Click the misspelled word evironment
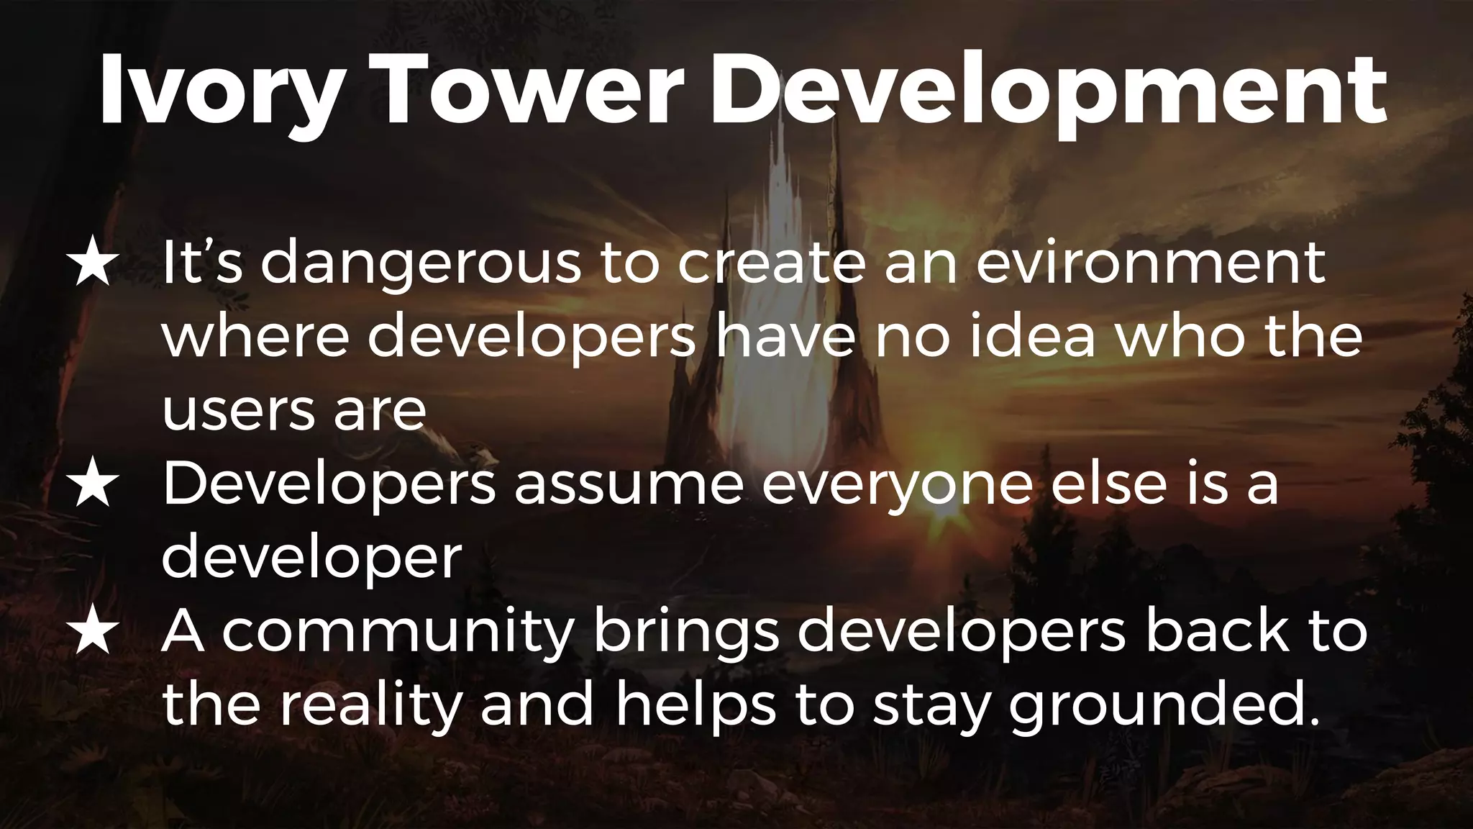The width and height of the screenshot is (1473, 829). tap(1150, 263)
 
